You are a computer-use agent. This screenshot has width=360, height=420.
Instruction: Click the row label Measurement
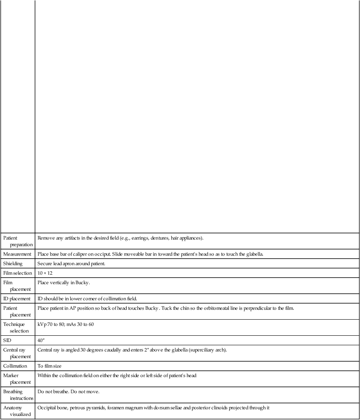17,254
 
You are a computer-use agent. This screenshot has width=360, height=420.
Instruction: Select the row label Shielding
14,263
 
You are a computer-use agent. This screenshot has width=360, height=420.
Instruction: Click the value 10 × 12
45,273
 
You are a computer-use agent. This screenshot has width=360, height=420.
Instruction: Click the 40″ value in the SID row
41,340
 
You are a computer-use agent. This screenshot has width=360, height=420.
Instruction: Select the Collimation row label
15,366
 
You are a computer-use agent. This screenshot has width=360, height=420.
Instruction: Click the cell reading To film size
50,366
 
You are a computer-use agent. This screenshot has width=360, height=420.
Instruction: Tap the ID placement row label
17,299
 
